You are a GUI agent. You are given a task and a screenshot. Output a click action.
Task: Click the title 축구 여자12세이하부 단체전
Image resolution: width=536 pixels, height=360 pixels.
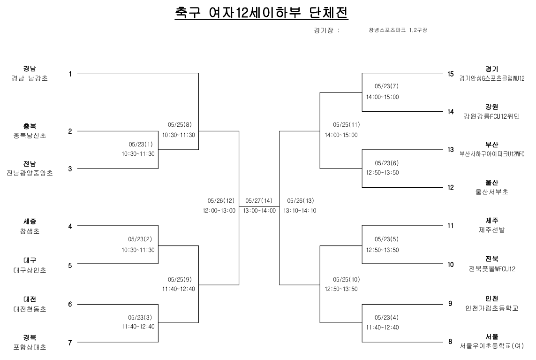pyautogui.click(x=262, y=12)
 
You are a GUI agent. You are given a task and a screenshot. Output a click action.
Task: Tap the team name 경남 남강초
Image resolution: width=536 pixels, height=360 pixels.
pyautogui.click(x=30, y=78)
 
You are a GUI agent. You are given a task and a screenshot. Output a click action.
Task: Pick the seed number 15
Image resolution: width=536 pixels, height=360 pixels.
pyautogui.click(x=450, y=74)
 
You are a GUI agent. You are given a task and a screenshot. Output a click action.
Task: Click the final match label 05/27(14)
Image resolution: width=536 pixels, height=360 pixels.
pyautogui.click(x=259, y=200)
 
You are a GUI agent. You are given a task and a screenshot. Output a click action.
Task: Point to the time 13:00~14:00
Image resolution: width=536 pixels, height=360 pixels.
pyautogui.click(x=259, y=211)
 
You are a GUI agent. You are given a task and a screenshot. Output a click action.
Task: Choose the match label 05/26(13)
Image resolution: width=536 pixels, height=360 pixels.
pyautogui.click(x=300, y=200)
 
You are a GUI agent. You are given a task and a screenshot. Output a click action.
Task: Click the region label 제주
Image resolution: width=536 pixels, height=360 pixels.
pyautogui.click(x=492, y=220)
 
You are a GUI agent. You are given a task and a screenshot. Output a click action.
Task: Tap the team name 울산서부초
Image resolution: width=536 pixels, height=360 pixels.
pyautogui.click(x=492, y=192)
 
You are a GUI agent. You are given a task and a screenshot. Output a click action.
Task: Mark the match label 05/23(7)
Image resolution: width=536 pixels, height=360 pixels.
pyautogui.click(x=386, y=87)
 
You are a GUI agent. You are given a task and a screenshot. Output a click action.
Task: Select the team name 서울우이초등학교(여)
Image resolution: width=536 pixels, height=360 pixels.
pyautogui.click(x=492, y=346)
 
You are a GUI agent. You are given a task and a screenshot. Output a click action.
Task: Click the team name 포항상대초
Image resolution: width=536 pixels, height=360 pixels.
pyautogui.click(x=30, y=347)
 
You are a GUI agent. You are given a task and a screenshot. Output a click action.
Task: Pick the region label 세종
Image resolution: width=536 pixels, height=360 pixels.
pyautogui.click(x=30, y=221)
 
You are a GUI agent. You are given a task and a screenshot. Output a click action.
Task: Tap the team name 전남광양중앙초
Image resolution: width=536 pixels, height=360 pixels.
pyautogui.click(x=30, y=173)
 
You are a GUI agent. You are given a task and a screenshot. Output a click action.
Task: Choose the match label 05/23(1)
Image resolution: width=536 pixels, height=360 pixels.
pyautogui.click(x=141, y=144)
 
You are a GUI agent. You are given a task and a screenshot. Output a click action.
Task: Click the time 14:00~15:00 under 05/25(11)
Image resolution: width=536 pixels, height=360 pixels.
pyautogui.click(x=341, y=135)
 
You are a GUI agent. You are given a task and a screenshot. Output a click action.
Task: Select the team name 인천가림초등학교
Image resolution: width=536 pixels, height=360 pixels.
pyautogui.click(x=492, y=308)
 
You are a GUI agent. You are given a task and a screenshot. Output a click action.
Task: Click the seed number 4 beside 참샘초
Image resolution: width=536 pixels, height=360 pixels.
pyautogui.click(x=70, y=226)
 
